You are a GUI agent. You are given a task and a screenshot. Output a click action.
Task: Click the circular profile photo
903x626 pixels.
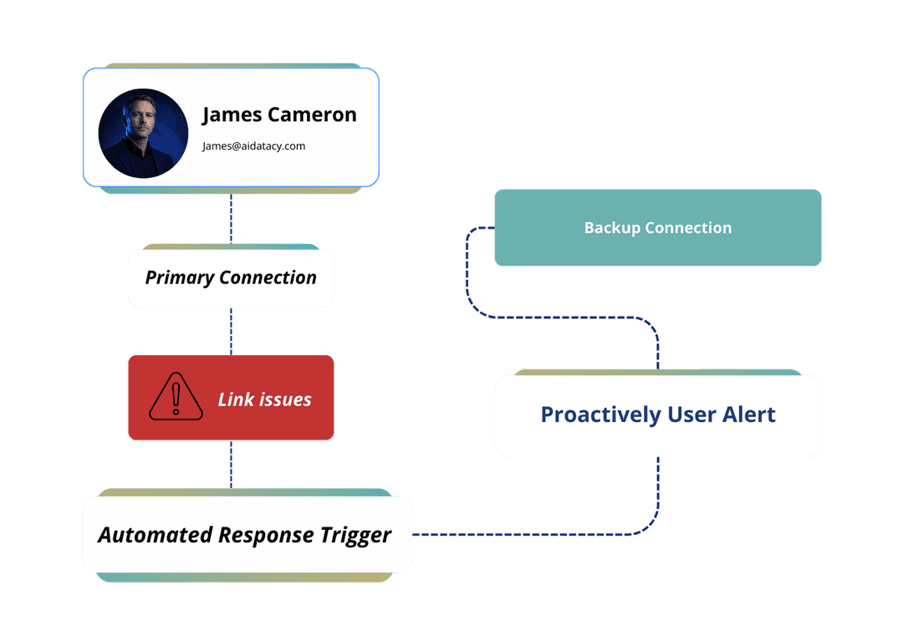(143, 134)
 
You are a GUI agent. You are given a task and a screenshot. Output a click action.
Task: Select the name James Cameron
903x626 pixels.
(279, 115)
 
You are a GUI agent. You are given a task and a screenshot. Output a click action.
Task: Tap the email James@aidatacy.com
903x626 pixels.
(253, 146)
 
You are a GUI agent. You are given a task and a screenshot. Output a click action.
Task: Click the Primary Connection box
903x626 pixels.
(231, 277)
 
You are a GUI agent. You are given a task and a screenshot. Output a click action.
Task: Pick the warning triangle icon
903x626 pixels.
(176, 396)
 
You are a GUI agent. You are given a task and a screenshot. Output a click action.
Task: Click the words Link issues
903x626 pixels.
(264, 400)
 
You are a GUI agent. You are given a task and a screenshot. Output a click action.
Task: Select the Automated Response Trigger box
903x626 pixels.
(247, 535)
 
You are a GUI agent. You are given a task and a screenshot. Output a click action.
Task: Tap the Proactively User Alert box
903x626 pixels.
(658, 415)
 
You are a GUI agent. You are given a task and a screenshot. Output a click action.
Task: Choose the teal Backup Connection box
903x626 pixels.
(658, 228)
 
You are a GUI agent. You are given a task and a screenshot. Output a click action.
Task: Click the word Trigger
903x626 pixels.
(356, 535)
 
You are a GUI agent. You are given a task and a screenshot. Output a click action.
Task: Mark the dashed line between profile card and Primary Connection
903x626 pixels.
(232, 219)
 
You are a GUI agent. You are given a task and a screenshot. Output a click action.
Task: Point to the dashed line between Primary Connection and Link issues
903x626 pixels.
(232, 331)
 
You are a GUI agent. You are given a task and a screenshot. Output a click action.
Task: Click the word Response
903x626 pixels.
(265, 535)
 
